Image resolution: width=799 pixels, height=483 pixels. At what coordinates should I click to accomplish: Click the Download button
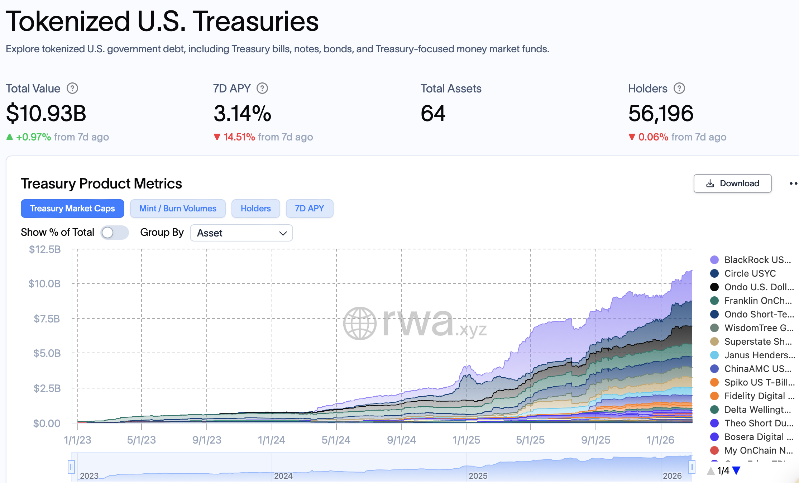pos(732,183)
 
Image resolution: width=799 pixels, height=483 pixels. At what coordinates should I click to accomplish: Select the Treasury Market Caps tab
pos(72,209)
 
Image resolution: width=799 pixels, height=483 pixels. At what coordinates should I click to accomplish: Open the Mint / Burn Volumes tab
pos(178,209)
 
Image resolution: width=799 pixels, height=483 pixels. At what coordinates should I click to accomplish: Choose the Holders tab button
pos(255,209)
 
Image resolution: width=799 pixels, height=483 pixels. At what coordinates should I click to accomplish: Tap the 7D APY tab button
pos(309,209)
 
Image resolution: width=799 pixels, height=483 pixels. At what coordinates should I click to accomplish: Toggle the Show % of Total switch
pos(114,233)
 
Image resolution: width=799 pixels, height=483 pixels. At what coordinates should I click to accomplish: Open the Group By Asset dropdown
pos(241,233)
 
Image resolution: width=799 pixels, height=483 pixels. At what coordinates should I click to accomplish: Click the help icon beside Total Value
pos(72,88)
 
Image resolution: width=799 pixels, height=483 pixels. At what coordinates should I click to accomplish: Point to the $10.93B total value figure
pos(46,114)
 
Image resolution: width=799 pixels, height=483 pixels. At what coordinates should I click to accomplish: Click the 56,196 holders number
pos(661,114)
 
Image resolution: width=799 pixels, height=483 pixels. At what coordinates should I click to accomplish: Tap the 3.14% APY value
pos(243,114)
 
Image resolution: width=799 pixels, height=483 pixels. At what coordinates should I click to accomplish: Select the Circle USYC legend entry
pos(750,273)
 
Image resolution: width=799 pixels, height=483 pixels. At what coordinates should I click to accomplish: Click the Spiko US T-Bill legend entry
pos(759,382)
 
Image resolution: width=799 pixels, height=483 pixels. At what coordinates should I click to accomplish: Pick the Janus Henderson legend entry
pos(759,355)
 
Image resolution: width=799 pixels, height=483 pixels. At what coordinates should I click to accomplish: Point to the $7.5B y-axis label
pos(47,319)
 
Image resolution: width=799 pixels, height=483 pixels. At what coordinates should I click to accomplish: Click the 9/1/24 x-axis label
pos(401,440)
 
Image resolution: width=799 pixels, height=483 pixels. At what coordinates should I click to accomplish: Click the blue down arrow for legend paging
pos(736,470)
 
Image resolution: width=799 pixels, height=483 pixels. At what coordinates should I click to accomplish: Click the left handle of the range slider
pos(71,467)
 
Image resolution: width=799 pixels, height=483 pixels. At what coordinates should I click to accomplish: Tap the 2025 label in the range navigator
pos(478,476)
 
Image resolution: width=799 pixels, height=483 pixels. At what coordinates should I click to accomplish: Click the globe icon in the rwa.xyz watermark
pos(360,323)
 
